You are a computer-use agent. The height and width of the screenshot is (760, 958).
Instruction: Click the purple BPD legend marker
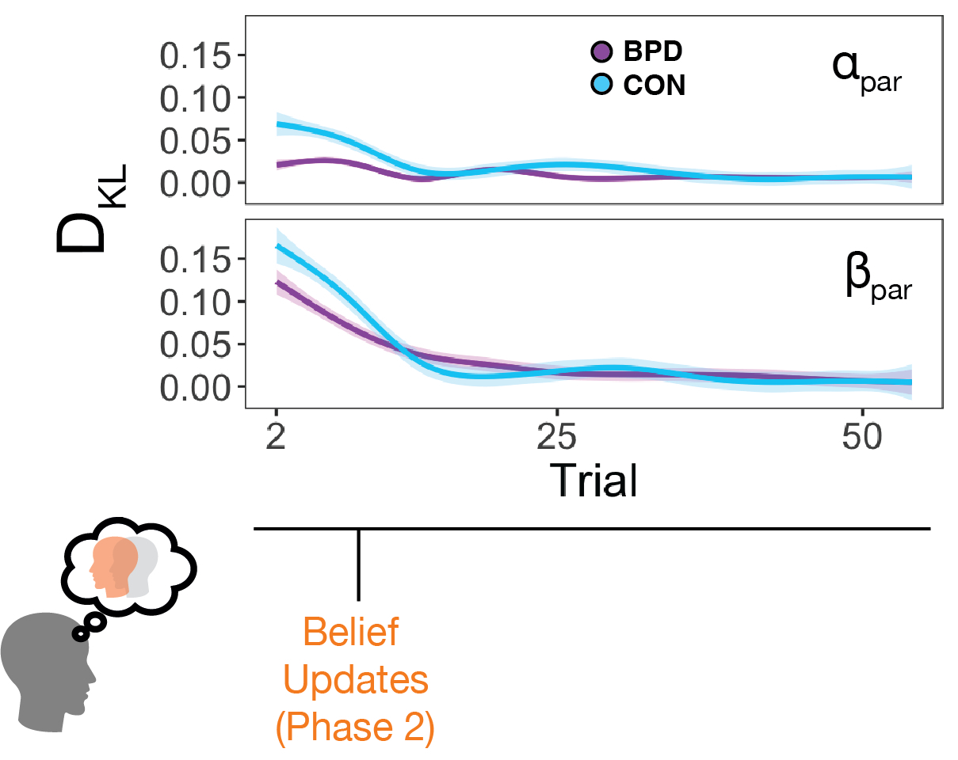click(x=601, y=52)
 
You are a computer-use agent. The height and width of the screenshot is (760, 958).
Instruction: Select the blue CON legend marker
click(x=601, y=84)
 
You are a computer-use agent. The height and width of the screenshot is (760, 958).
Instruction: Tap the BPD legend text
click(x=653, y=52)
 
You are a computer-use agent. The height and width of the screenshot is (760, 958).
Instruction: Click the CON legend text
click(x=654, y=85)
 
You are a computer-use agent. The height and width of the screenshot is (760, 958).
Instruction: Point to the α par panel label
click(x=866, y=70)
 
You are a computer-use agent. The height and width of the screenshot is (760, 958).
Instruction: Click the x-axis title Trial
click(x=593, y=480)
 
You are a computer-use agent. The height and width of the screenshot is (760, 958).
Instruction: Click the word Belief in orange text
click(x=350, y=633)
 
